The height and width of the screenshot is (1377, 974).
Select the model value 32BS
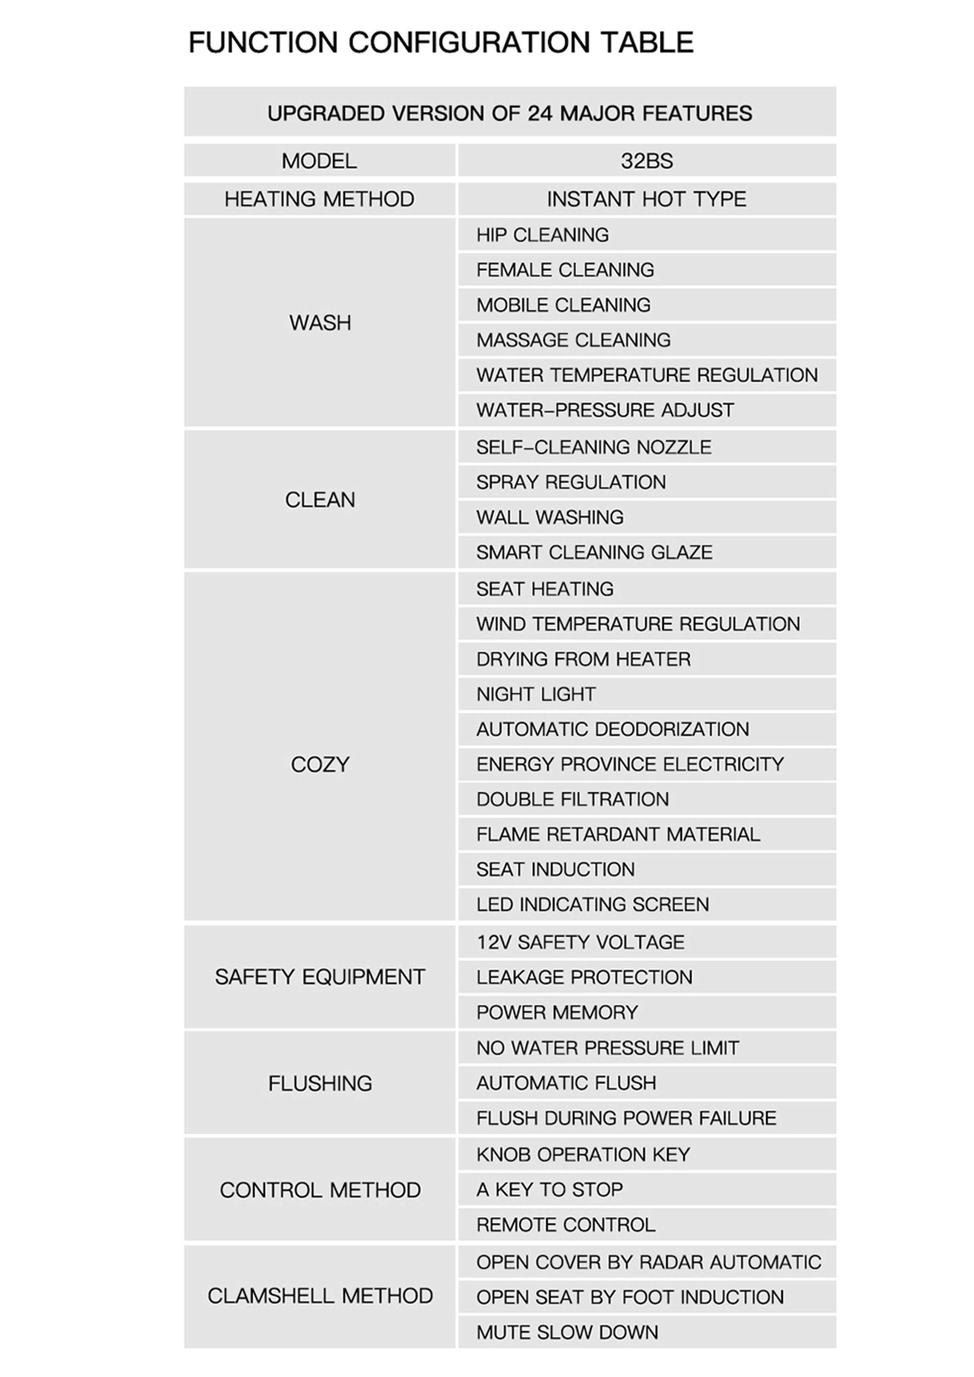646,161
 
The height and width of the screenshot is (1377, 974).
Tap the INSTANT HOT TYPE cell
646,199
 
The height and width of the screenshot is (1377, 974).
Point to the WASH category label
320,323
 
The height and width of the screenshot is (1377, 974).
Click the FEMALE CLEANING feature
565,270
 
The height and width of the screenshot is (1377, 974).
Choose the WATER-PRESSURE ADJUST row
605,410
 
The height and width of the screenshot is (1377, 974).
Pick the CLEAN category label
320,500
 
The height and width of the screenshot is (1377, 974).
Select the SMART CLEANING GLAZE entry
594,552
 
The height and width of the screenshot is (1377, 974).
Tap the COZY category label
320,765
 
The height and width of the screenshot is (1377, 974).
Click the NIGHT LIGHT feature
536,694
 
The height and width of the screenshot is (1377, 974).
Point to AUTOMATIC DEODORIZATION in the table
613,729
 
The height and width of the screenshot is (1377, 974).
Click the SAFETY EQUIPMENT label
320,977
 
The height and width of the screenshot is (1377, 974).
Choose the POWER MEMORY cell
557,1012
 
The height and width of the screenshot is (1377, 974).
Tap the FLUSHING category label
320,1083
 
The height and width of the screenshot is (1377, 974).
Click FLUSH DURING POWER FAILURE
626,1118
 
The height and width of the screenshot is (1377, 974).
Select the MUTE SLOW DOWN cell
567,1332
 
